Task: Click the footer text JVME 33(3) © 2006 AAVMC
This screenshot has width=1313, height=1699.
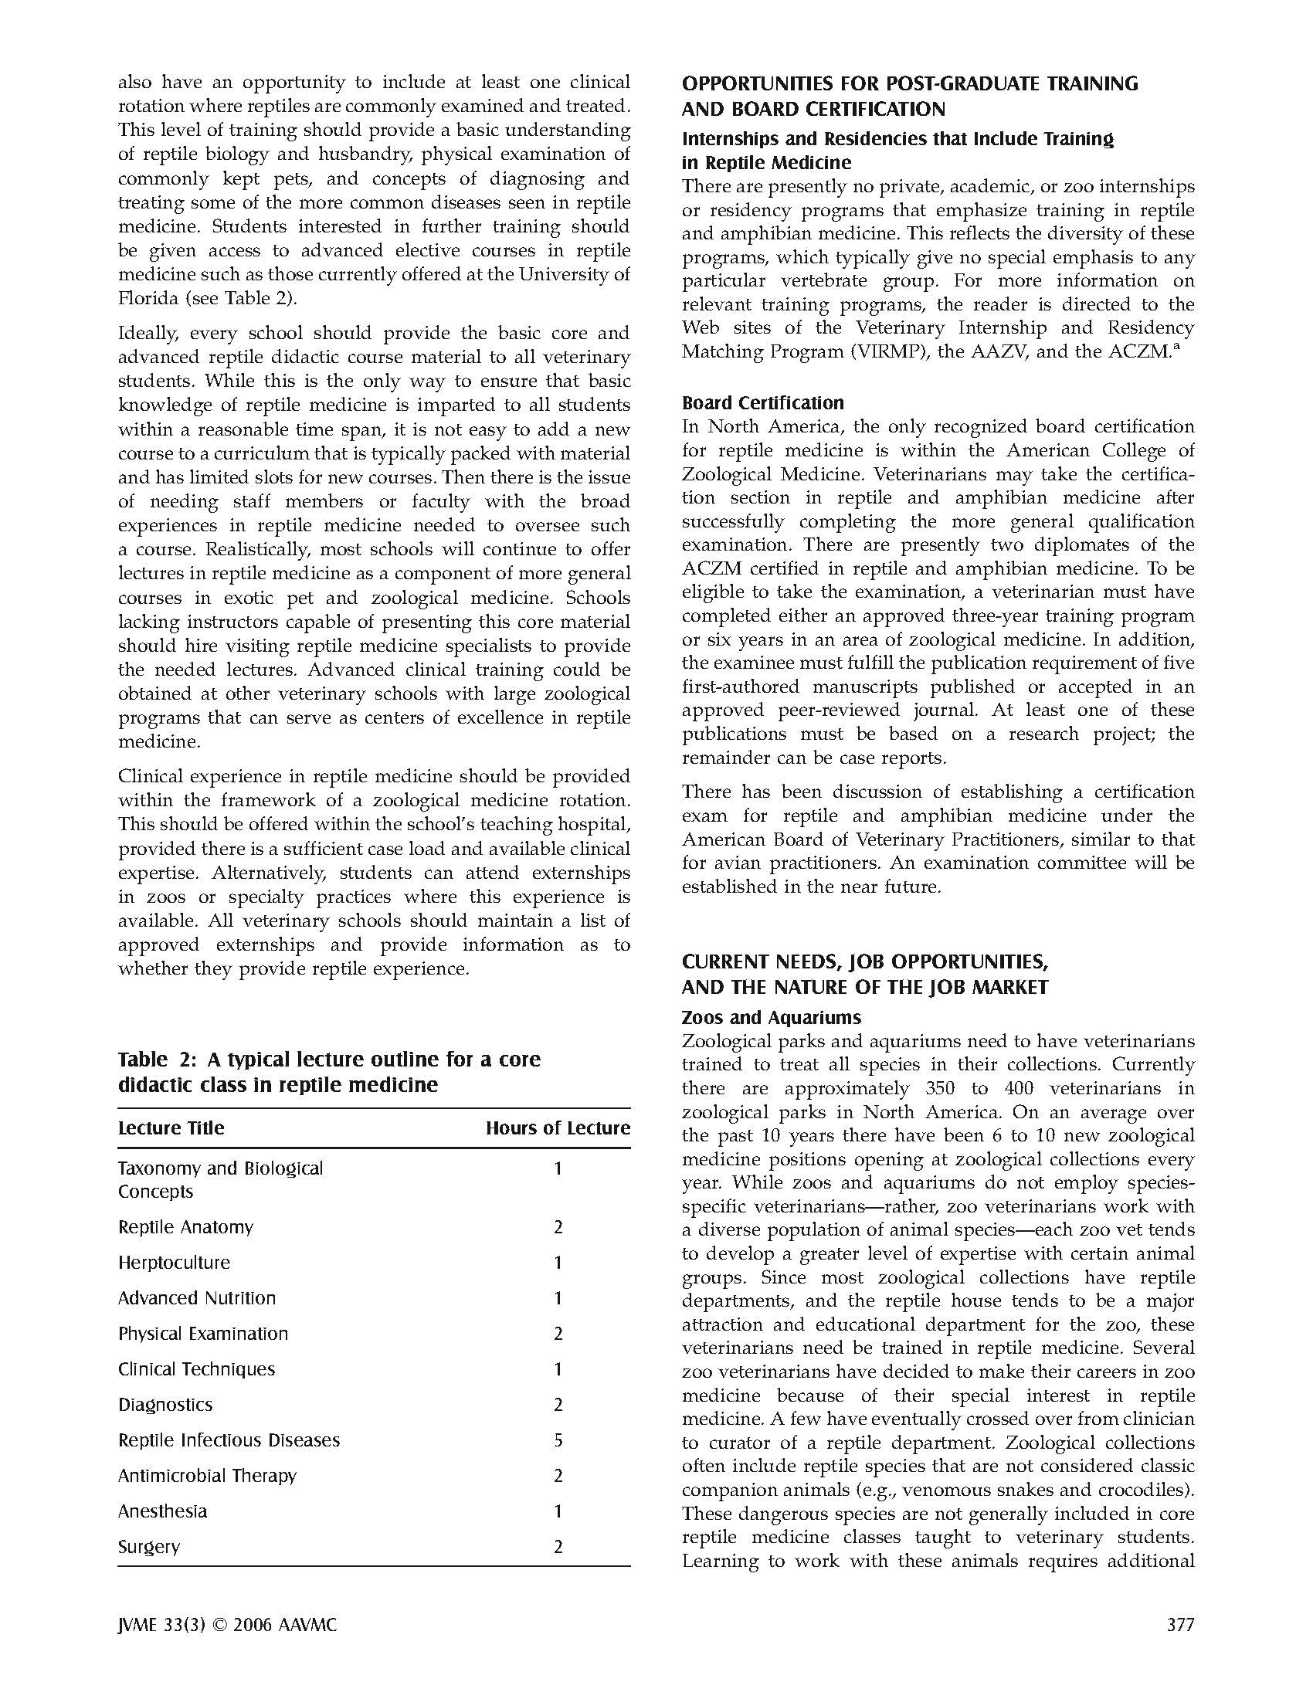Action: tap(227, 1625)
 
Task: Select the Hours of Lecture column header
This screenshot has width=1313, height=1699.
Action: tap(557, 1128)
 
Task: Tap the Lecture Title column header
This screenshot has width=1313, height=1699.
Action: tap(171, 1128)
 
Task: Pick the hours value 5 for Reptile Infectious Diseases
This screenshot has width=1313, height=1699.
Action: tap(558, 1440)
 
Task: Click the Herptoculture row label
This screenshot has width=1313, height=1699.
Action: tap(175, 1263)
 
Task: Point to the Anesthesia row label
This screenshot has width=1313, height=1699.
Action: tap(162, 1511)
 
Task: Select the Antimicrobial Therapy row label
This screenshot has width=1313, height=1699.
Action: tap(207, 1476)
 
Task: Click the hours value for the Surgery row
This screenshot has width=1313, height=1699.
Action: tap(558, 1547)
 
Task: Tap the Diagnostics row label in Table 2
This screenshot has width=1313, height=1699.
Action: tap(165, 1405)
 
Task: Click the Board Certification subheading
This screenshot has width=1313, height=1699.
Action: tap(762, 403)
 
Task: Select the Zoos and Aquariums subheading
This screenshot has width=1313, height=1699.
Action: tap(771, 1018)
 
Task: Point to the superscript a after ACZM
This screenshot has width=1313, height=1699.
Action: tap(1177, 346)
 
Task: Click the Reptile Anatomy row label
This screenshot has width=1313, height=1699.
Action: tap(186, 1227)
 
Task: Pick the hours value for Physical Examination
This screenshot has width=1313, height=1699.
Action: tap(558, 1334)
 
